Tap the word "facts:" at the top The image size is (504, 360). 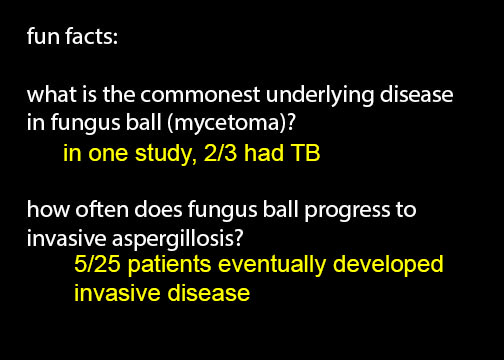(92, 36)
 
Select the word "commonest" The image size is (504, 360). (200, 95)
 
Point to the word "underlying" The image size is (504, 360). (320, 97)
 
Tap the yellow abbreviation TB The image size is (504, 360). (305, 153)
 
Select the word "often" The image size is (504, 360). (102, 210)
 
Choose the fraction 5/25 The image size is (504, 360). (97, 264)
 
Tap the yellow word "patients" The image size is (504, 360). (169, 266)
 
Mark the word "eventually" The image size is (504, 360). (272, 266)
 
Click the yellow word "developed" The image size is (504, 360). (388, 266)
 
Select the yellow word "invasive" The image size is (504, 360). (117, 293)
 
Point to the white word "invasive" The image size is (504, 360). (67, 238)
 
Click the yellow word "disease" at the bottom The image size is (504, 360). (209, 293)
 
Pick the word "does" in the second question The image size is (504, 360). (158, 210)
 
